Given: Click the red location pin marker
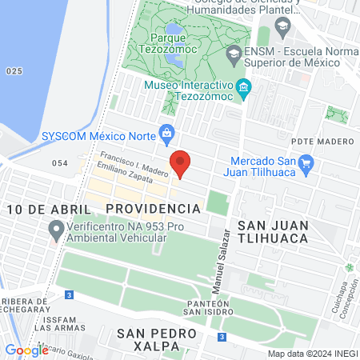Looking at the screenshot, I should [181, 162].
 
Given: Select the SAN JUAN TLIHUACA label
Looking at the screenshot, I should [270, 218].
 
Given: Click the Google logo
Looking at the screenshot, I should [26, 350].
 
